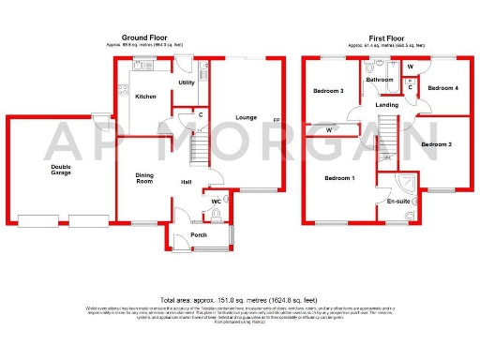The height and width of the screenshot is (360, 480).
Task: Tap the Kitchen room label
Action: (145, 97)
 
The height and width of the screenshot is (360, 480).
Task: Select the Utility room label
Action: (186, 82)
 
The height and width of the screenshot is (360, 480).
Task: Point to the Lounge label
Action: (247, 117)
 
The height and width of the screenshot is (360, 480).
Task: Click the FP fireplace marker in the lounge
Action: (276, 121)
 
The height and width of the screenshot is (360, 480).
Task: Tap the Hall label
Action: (187, 182)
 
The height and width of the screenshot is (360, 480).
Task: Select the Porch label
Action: (198, 235)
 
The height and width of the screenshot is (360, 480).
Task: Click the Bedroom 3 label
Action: (329, 91)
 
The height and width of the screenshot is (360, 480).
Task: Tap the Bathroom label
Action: (380, 80)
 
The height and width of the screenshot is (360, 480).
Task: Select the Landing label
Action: (386, 105)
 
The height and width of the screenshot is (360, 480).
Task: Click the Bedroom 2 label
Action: (436, 144)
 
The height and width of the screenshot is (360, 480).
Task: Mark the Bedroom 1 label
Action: (339, 177)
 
